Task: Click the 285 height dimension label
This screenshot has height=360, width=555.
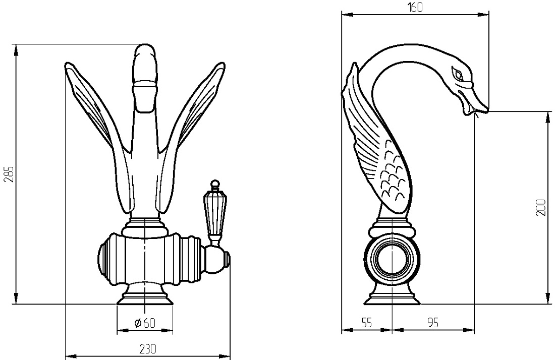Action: [x=10, y=173]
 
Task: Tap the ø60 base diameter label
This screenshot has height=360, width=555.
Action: [x=145, y=323]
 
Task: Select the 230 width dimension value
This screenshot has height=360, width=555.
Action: [x=147, y=349]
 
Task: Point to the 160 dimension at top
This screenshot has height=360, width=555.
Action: [x=415, y=8]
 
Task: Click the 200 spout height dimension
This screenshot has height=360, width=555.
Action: [x=541, y=207]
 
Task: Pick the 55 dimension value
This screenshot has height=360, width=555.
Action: [x=367, y=323]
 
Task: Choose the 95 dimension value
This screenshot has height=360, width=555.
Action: [x=432, y=323]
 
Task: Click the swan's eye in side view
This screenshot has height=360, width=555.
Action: [x=458, y=74]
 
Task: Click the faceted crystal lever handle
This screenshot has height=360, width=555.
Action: [x=213, y=213]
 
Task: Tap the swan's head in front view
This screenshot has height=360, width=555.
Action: [x=145, y=64]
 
